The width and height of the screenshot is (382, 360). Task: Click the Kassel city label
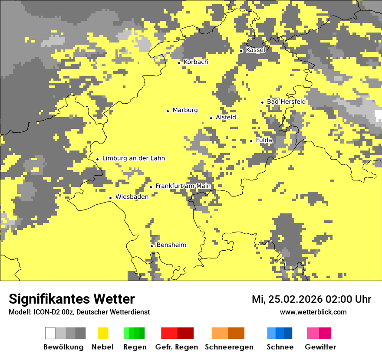255,50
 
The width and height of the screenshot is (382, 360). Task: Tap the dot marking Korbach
179,63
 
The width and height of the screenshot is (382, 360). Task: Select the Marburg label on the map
185,110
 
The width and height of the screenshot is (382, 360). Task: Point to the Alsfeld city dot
211,118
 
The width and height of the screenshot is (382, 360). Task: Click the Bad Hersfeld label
286,101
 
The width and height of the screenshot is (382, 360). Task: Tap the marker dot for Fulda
251,141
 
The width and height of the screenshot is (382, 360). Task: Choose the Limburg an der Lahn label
134,158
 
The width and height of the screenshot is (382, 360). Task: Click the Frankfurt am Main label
183,186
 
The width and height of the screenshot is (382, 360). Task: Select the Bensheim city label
171,245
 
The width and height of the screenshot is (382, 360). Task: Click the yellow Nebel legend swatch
103,333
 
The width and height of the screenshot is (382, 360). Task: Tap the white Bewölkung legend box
50,333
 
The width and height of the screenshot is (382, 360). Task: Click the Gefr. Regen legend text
177,347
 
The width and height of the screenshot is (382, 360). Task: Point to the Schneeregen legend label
229,347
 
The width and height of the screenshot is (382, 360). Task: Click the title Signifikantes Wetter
72,299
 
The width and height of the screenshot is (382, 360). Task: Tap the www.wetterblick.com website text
313,312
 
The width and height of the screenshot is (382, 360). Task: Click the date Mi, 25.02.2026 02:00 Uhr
311,299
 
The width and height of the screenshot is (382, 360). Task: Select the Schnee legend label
280,347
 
